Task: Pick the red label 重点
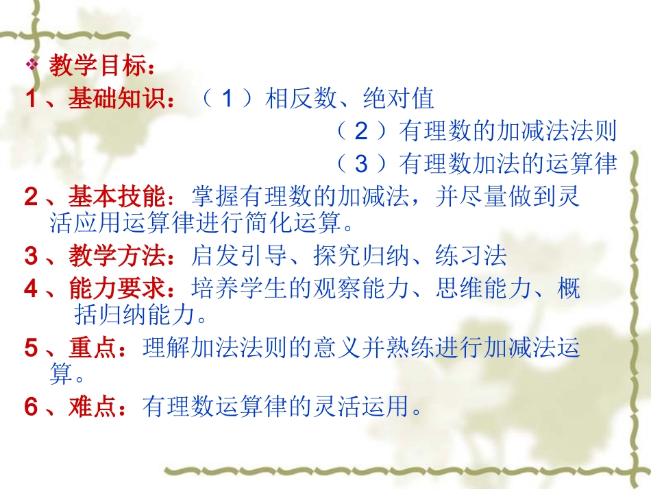point(92,348)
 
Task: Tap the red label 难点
point(92,407)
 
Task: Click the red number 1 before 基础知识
point(31,100)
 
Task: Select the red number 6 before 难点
point(32,408)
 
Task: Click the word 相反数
point(302,99)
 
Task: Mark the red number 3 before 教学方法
point(32,257)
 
